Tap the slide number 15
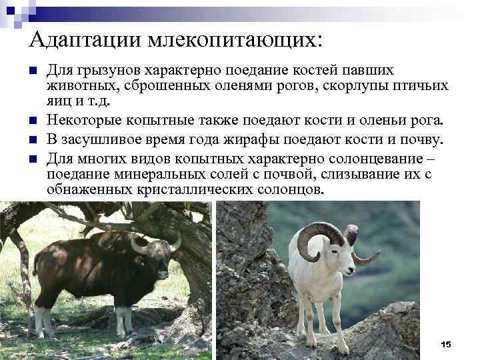click(x=446, y=344)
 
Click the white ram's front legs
click(x=316, y=320)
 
